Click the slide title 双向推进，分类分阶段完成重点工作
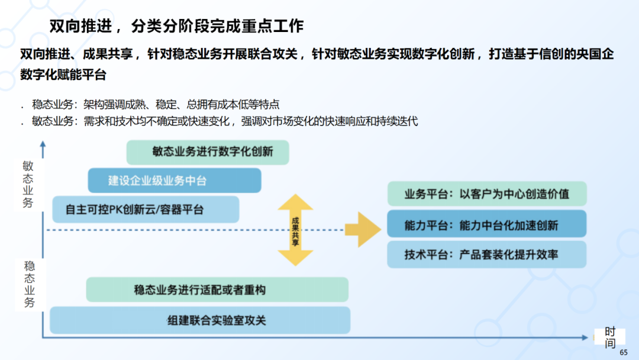click(176, 26)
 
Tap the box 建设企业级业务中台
click(174, 181)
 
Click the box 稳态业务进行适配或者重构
click(217, 290)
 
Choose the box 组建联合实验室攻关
click(199, 320)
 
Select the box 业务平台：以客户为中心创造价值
click(486, 194)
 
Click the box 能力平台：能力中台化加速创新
click(486, 225)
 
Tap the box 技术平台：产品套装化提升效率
click(486, 255)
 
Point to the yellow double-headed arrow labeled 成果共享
click(295, 230)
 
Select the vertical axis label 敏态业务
click(28, 184)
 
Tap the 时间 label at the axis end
click(610, 338)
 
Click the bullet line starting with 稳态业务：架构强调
click(156, 105)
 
